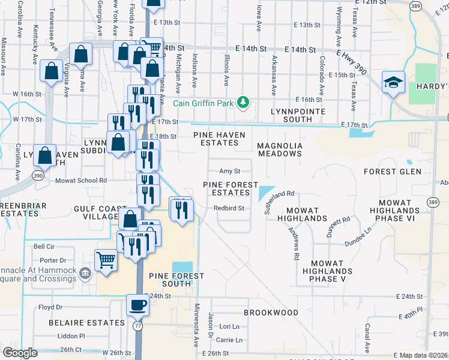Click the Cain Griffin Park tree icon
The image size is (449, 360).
point(243,103)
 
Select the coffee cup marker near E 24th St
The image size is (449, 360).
point(137,305)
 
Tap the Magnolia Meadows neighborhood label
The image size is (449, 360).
point(279,149)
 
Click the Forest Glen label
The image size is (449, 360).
point(389,172)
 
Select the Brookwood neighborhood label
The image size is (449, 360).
point(271,313)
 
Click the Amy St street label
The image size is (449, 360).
point(229,171)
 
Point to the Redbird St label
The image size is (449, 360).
point(229,208)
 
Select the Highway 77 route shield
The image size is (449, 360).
point(137,324)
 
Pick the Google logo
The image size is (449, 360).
point(20,353)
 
